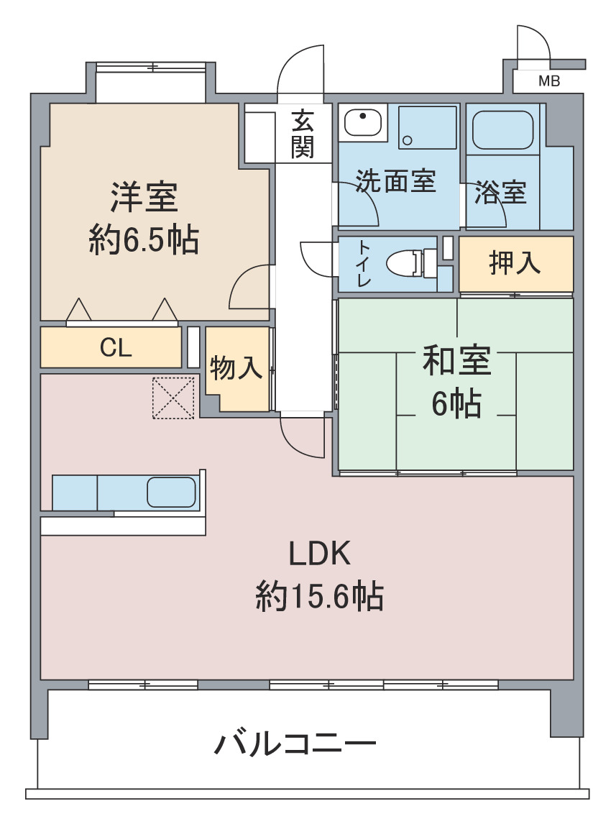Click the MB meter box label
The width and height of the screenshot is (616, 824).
click(549, 81)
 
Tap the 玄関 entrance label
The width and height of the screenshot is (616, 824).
click(303, 134)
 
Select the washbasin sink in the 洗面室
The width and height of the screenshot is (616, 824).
click(363, 122)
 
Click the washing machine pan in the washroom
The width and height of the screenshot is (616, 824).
click(427, 127)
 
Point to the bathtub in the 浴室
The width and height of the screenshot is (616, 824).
click(502, 129)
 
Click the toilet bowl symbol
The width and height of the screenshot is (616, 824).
click(410, 262)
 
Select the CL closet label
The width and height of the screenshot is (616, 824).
click(116, 347)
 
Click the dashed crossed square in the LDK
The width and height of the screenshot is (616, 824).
click(173, 398)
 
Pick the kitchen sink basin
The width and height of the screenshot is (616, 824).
click(171, 492)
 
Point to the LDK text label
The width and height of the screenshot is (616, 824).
click(319, 554)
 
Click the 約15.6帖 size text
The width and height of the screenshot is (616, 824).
click(319, 596)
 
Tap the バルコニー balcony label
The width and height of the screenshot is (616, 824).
click(295, 743)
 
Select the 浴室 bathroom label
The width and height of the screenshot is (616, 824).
click(500, 192)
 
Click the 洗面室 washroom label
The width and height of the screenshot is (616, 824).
click(396, 180)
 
